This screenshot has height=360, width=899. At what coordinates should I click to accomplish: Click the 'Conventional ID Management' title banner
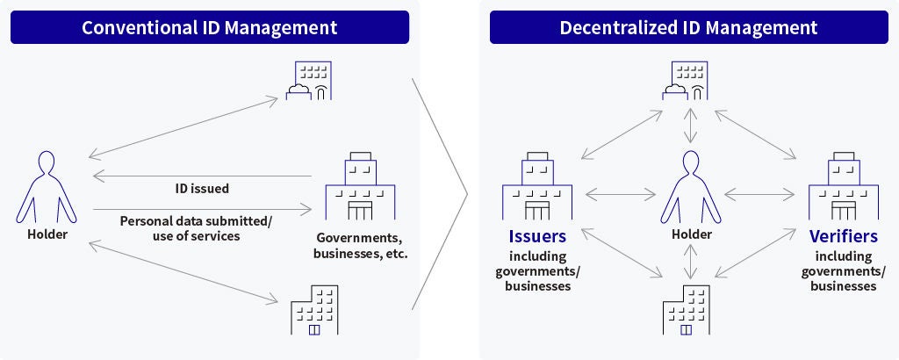coord(209,27)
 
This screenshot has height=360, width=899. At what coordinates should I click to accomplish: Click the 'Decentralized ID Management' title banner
coord(688,27)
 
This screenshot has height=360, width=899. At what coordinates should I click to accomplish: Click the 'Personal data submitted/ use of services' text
coord(196,228)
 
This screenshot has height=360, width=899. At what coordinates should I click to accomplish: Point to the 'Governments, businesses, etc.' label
coord(361,247)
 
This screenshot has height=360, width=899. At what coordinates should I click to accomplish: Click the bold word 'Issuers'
coord(537,236)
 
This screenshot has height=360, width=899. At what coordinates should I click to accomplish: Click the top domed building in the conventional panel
coord(310,82)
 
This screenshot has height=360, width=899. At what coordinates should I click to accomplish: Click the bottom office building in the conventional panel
coord(313,309)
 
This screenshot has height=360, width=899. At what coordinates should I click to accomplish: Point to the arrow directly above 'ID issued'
coord(201,175)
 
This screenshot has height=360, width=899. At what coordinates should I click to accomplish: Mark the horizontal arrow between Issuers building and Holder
coord(620,193)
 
